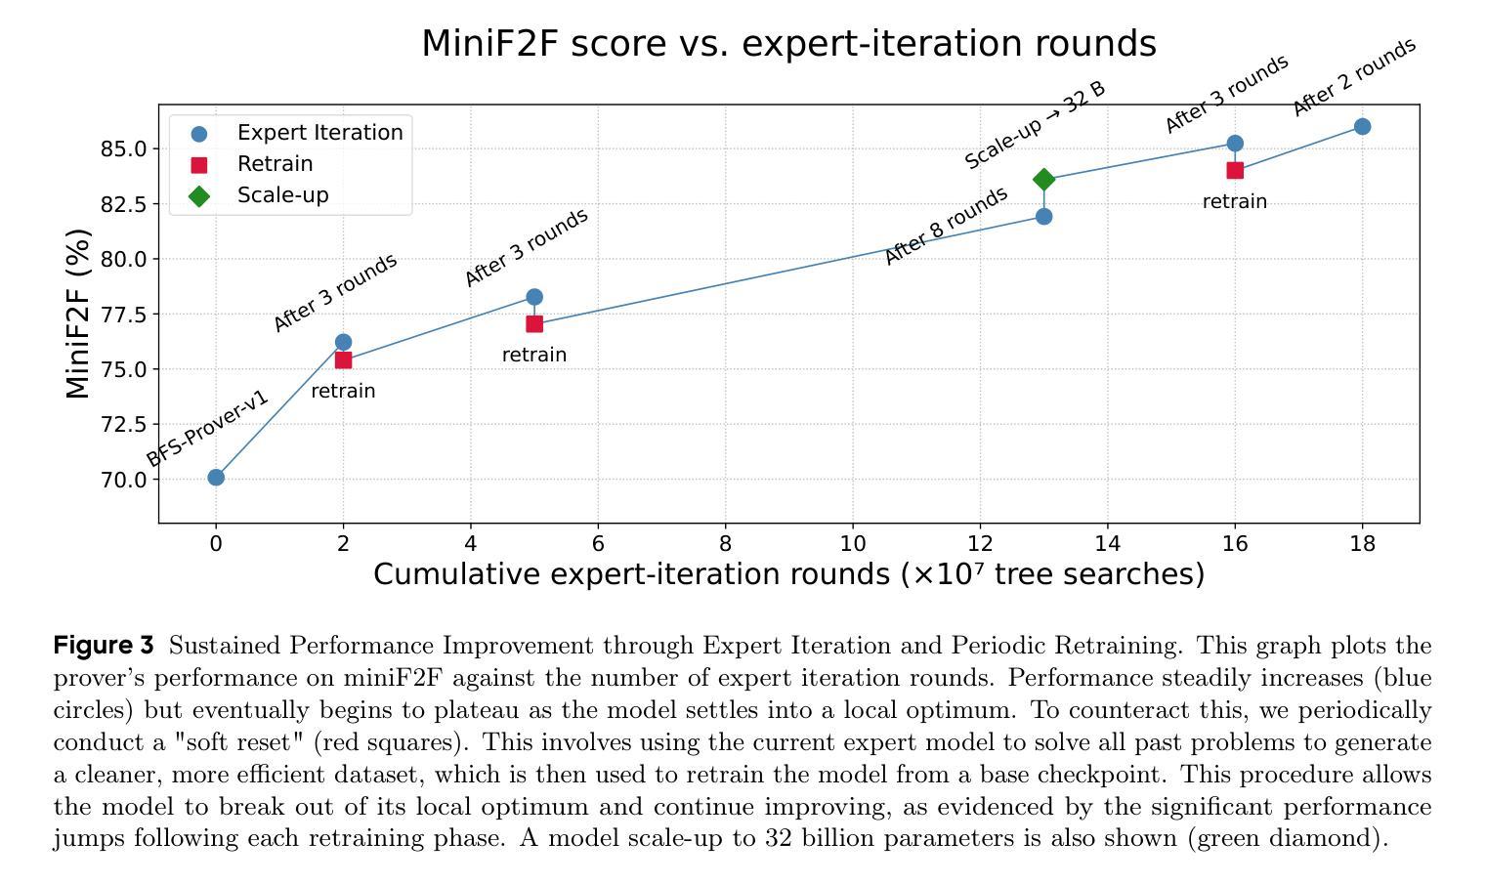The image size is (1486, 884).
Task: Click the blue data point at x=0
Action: coord(216,478)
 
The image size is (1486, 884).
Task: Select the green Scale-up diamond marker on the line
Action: coord(1043,179)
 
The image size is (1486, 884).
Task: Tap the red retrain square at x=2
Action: coord(343,360)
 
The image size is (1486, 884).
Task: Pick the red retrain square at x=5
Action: coord(534,324)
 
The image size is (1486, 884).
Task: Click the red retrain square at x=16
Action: coord(1235,170)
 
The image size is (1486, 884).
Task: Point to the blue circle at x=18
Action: coord(1362,127)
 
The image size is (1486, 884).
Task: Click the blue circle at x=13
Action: coord(1043,216)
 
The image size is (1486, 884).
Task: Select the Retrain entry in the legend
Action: coord(275,164)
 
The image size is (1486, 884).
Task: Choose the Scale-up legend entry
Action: coord(282,195)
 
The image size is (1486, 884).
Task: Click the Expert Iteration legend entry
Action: coord(319,133)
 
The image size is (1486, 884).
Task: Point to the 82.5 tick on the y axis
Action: coord(121,204)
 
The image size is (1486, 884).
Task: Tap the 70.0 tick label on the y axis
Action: coord(121,480)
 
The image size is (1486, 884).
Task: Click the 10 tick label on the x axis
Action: coord(853,544)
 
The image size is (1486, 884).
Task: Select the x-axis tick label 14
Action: coord(1108,544)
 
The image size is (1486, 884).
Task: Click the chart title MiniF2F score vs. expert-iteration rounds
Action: coord(788,44)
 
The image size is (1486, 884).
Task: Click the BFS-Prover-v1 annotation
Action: coord(207,428)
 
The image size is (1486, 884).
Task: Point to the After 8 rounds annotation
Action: coord(945,226)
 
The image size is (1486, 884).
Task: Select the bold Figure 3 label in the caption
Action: coord(104,646)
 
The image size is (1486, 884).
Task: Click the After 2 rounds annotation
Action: coord(1354,77)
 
